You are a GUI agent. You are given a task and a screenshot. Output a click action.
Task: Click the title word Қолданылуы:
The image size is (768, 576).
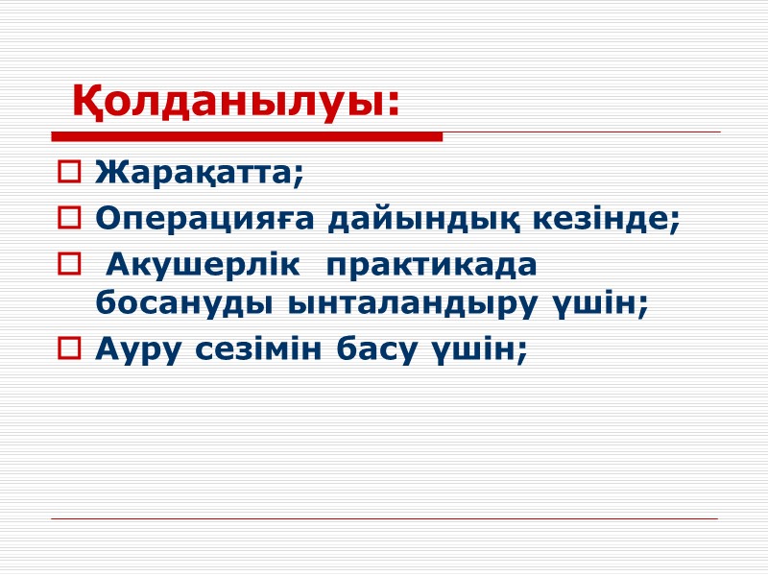click(235, 102)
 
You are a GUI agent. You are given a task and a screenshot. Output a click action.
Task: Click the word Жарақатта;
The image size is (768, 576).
click(200, 175)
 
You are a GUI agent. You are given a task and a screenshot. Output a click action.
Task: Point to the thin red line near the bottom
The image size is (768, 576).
click(384, 519)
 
